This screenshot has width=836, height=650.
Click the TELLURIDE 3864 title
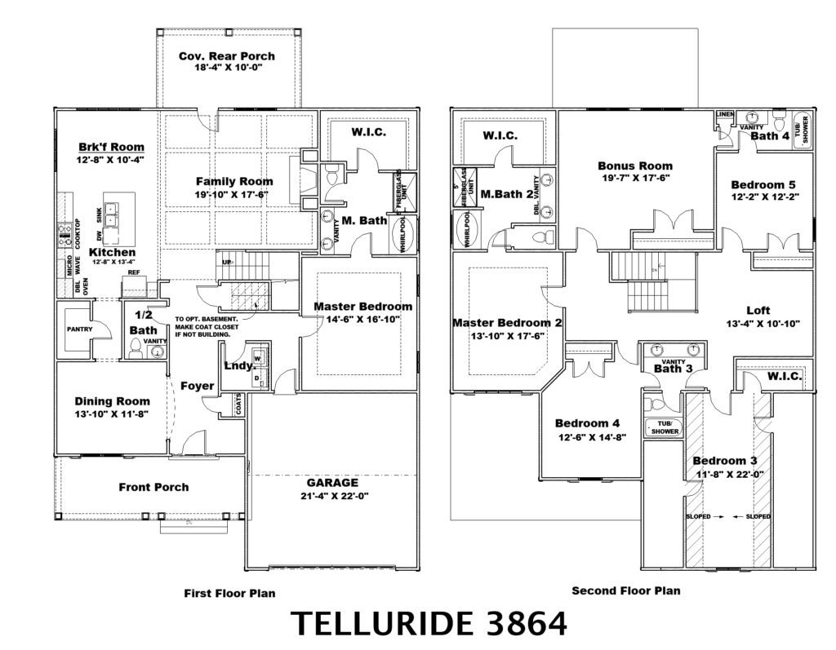(429, 624)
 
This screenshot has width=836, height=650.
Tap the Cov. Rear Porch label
(226, 56)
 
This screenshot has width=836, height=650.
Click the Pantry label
(80, 329)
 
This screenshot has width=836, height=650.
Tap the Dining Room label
(112, 400)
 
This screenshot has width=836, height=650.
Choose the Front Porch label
(153, 487)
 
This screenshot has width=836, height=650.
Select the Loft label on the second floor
(758, 310)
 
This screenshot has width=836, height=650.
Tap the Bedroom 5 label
(763, 184)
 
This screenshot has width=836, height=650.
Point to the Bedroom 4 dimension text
(587, 436)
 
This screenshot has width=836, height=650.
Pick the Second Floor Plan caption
(625, 590)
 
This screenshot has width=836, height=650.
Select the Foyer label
(197, 386)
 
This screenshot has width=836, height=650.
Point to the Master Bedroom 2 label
(507, 323)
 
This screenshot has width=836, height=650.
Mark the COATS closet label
(238, 405)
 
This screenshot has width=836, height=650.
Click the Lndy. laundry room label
(236, 365)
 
